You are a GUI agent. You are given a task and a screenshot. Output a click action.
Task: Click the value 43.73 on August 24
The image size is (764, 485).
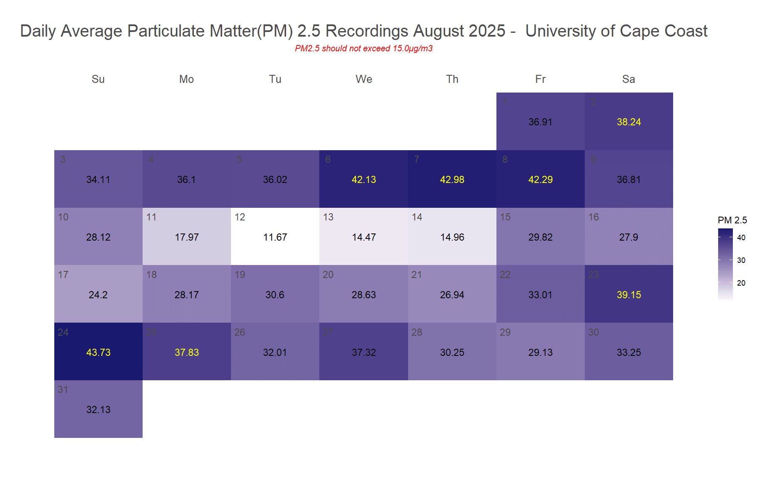[98, 352]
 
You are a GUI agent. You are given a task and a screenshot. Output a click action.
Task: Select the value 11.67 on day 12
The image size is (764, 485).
[275, 237]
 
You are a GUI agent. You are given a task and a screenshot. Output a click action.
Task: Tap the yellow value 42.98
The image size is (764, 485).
[452, 180]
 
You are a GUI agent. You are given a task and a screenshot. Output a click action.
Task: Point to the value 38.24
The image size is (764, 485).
[629, 122]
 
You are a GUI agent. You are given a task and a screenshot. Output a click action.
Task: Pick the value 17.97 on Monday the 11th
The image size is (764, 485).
[187, 237]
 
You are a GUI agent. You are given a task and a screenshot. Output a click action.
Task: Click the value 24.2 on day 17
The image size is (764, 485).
[98, 295]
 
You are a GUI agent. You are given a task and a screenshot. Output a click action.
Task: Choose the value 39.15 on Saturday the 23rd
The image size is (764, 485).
[629, 295]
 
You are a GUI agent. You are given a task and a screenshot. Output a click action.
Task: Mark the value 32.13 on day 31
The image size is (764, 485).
[98, 410]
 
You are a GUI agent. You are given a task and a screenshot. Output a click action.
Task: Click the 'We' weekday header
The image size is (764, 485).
[363, 79]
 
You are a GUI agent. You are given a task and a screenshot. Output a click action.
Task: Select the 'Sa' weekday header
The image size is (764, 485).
[629, 79]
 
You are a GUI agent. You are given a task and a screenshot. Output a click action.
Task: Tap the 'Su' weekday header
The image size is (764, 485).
[98, 79]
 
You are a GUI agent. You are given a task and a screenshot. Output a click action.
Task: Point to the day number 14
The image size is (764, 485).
[417, 217]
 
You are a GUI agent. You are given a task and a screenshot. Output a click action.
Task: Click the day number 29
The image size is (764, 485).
[505, 332]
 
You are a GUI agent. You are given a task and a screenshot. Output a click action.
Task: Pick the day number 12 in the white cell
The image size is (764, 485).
[240, 217]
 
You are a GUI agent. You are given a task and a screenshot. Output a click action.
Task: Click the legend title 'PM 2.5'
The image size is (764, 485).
[732, 220]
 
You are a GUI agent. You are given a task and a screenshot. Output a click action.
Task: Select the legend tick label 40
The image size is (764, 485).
[741, 238]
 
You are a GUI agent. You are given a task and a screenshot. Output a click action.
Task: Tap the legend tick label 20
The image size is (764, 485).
[741, 283]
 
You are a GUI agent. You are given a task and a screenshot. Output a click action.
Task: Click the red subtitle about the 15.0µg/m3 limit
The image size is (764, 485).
[363, 48]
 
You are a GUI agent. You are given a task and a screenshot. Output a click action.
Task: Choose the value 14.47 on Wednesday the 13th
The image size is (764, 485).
[363, 237]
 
